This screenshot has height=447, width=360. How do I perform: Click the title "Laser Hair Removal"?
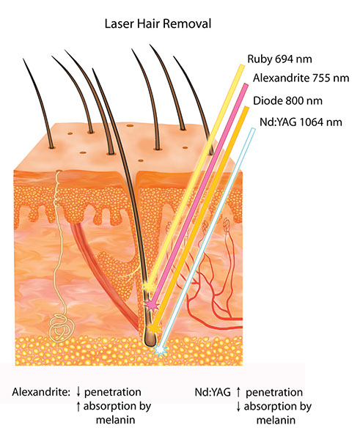click(x=158, y=23)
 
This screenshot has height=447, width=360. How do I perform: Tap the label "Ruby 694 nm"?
click(x=279, y=59)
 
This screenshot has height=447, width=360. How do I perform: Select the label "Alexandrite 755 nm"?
click(x=301, y=78)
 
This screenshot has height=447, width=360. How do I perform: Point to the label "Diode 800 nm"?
click(x=287, y=100)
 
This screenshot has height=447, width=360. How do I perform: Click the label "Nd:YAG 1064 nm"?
click(x=301, y=122)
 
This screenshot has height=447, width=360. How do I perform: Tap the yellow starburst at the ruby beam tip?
click(x=149, y=285)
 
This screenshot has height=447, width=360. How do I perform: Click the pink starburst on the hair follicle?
click(x=151, y=305)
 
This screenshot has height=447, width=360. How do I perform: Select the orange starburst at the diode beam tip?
click(x=154, y=328)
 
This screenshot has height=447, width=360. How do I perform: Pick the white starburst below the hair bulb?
click(x=161, y=350)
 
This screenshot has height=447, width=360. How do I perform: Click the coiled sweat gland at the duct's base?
click(x=62, y=328)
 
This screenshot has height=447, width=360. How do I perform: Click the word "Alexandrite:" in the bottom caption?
click(x=41, y=392)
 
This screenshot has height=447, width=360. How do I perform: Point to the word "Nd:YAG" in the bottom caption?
click(x=213, y=392)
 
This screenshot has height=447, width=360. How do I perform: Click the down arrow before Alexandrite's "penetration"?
click(x=78, y=392)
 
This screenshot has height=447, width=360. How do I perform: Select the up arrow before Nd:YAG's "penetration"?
click(x=238, y=392)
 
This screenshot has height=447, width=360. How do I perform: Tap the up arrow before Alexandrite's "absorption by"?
click(x=78, y=407)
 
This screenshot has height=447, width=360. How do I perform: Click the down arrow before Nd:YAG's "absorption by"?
click(x=238, y=407)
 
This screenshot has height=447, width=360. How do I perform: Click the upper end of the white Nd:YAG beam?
click(x=252, y=130)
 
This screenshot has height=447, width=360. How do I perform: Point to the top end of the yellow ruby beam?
click(x=242, y=67)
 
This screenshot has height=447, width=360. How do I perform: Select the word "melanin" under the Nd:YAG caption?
click(x=276, y=420)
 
